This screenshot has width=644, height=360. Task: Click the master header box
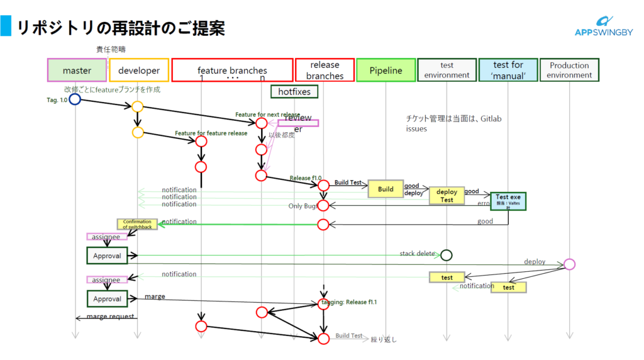click(77, 70)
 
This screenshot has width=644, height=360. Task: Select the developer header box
click(139, 70)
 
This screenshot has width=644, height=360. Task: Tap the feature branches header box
click(232, 70)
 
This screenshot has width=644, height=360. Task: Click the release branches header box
click(325, 70)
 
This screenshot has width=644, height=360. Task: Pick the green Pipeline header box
click(386, 70)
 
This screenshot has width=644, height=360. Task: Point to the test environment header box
click(447, 70)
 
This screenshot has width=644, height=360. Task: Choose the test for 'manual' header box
click(508, 70)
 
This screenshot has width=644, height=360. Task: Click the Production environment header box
click(569, 70)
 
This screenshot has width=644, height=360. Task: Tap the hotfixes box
click(294, 92)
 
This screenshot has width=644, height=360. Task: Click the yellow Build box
click(386, 189)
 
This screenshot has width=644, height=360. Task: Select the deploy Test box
click(447, 196)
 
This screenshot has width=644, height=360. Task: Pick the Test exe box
click(508, 201)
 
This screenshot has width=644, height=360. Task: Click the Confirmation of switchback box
click(137, 224)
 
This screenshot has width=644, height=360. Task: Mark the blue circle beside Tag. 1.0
click(75, 99)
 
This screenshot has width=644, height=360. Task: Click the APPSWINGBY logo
click(604, 28)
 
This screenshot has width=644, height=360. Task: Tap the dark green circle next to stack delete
click(447, 255)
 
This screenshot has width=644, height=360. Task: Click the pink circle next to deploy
click(569, 264)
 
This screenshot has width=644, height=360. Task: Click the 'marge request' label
click(111, 317)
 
